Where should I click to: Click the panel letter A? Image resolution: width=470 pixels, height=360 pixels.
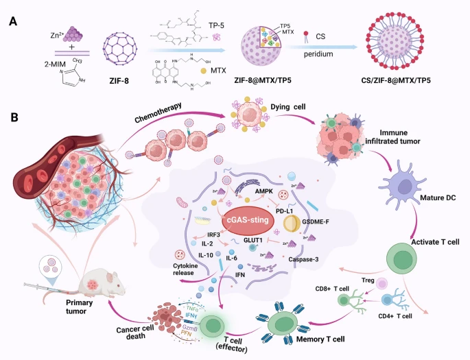(13, 21)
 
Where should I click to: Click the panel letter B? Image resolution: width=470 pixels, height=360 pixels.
(13, 117)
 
